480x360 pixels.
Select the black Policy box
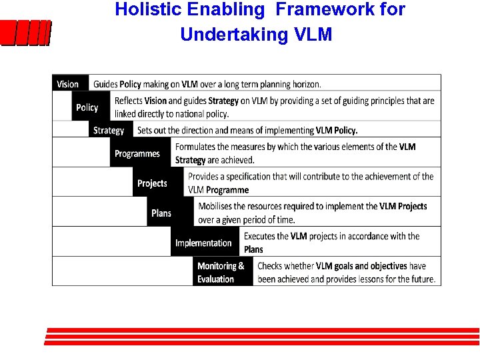pos(88,107)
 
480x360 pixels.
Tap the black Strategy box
pos(110,130)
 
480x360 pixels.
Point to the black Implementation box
pos(204,243)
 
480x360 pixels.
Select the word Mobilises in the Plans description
pos(219,207)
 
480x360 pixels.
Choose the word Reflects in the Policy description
pos(128,101)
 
